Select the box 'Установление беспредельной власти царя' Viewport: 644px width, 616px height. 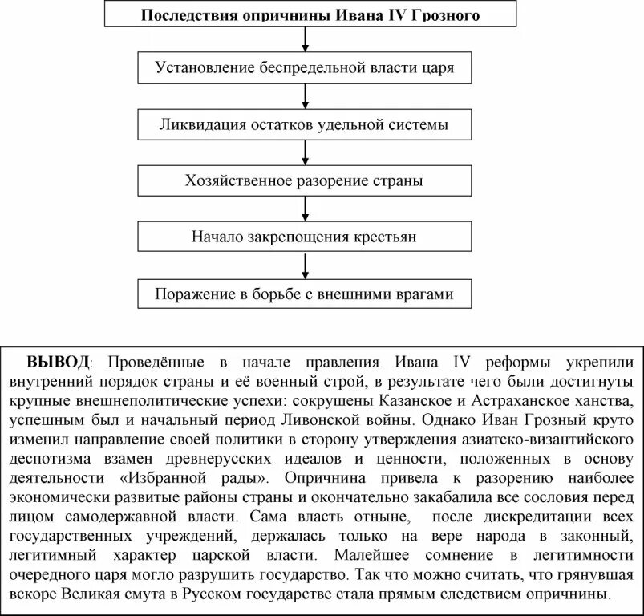tap(304, 67)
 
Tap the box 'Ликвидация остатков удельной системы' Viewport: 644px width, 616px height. tap(304, 124)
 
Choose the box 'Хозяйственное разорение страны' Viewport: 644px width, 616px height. tap(304, 180)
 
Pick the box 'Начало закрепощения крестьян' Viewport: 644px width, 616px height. tap(304, 237)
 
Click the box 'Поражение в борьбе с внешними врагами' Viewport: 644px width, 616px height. tap(304, 294)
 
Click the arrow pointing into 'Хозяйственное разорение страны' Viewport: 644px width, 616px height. tap(304, 152)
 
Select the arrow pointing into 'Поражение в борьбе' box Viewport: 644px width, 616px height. tap(304, 265)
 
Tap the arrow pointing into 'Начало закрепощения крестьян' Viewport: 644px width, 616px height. tap(304, 209)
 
